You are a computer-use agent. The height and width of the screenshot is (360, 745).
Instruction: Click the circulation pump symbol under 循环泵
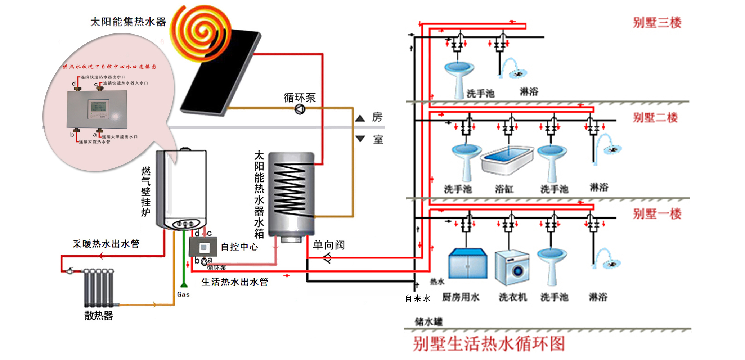tap(300, 109)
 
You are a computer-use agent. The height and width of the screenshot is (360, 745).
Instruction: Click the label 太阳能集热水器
tap(128, 22)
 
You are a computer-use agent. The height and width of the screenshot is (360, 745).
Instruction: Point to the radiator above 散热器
tap(98, 287)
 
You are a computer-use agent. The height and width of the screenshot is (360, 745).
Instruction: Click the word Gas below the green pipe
tap(183, 294)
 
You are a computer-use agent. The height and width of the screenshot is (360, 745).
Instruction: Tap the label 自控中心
tap(239, 247)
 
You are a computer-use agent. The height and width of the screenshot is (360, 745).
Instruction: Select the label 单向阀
tap(328, 245)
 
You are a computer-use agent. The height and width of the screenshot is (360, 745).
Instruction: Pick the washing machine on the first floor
tap(512, 267)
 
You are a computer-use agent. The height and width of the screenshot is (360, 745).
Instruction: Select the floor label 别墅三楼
tap(657, 23)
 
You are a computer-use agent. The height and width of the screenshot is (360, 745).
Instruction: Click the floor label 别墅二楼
tap(655, 117)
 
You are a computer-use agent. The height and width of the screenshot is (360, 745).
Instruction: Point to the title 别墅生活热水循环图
tap(489, 344)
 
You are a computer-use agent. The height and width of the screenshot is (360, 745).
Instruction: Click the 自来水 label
tap(417, 298)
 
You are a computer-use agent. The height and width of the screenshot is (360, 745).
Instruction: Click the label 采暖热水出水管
tap(106, 244)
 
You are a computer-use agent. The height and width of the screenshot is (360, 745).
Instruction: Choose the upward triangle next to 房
tap(360, 118)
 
